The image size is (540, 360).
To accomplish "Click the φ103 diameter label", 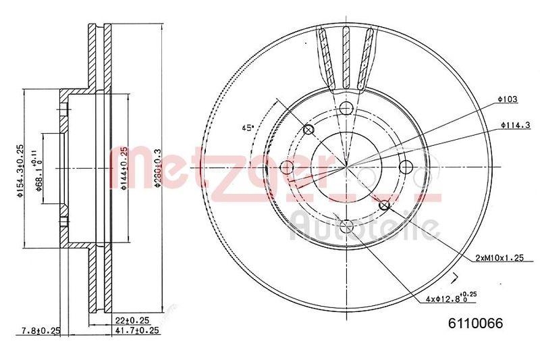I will pyautogui.click(x=508, y=99).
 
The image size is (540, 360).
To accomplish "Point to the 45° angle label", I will pyautogui.click(x=248, y=127).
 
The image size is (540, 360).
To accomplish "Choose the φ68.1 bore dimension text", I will pyautogui.click(x=41, y=174).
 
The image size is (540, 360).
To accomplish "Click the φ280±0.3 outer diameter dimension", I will pyautogui.click(x=157, y=169).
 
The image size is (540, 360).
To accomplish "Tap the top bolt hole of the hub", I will pyautogui.click(x=346, y=108).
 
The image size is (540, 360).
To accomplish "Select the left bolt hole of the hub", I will pyautogui.click(x=287, y=167).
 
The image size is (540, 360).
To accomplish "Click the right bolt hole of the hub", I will pyautogui.click(x=406, y=167).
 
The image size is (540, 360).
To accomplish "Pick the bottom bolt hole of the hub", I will pyautogui.click(x=346, y=226).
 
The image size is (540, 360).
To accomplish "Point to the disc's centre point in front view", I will pyautogui.click(x=346, y=167).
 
